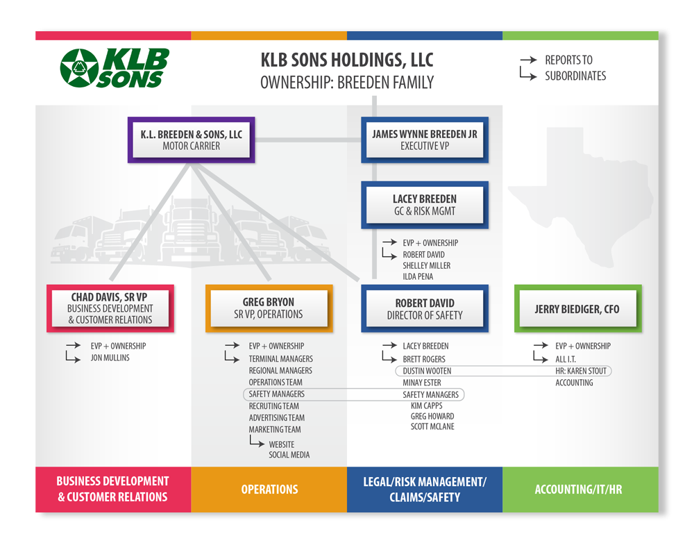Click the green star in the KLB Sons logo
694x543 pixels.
pyautogui.click(x=79, y=68)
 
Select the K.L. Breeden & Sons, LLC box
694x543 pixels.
pyautogui.click(x=192, y=140)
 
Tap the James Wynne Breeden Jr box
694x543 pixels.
pyautogui.click(x=425, y=140)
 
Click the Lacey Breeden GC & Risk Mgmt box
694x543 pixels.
pyautogui.click(x=425, y=205)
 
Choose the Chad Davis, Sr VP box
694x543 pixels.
pyautogui.click(x=110, y=308)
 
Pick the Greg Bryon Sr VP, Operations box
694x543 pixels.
pyautogui.click(x=269, y=308)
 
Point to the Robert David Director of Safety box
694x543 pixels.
pyautogui.click(x=425, y=308)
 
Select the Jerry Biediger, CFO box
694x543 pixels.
pyautogui.click(x=577, y=308)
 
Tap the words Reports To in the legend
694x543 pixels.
pyautogui.click(x=568, y=60)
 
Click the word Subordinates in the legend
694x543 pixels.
pyautogui.click(x=575, y=76)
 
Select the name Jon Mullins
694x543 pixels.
pyautogui.click(x=110, y=358)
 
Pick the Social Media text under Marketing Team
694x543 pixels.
pyautogui.click(x=289, y=454)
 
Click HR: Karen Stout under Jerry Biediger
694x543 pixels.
pyautogui.click(x=581, y=371)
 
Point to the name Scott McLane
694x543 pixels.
pyautogui.click(x=432, y=426)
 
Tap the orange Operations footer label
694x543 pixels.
pyautogui.click(x=269, y=490)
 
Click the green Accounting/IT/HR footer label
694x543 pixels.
pyautogui.click(x=578, y=490)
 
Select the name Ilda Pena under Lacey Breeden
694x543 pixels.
pyautogui.click(x=418, y=276)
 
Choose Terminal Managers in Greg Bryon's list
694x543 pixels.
pyautogui.click(x=280, y=359)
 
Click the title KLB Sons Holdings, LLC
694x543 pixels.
pyautogui.click(x=347, y=60)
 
